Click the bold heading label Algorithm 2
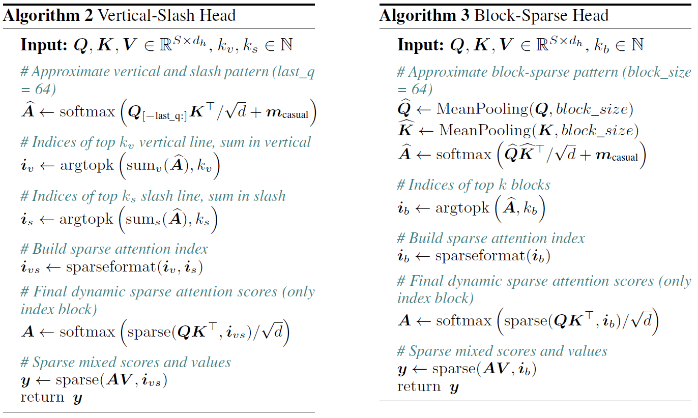click(48, 16)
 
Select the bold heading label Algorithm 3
click(424, 16)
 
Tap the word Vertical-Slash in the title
click(147, 15)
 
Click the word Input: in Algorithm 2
click(44, 45)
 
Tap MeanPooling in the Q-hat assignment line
click(482, 109)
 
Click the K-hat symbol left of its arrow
click(406, 128)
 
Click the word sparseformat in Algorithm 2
click(110, 267)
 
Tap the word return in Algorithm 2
click(42, 398)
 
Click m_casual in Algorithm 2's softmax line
click(287, 113)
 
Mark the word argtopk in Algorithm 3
click(462, 208)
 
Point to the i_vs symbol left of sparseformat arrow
click(30, 267)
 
